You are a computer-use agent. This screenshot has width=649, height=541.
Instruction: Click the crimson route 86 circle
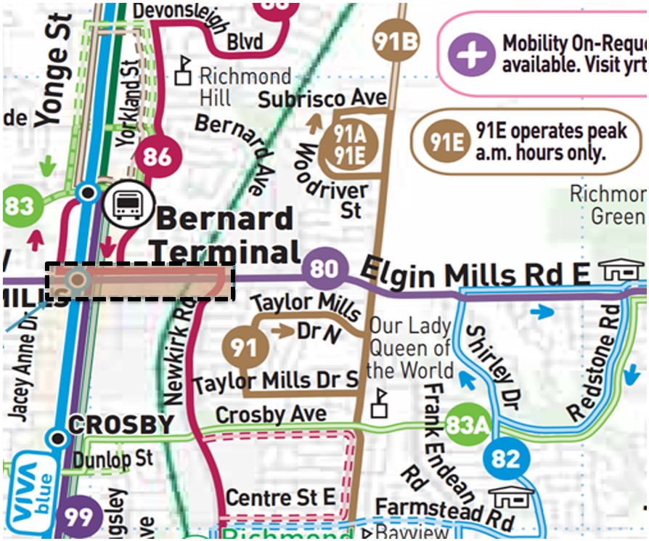tap(158, 155)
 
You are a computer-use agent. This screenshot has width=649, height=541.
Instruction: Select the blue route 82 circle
tap(506, 459)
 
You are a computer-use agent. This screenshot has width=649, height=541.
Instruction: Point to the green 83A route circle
tap(466, 423)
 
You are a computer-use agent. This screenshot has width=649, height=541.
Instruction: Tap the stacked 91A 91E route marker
tap(348, 144)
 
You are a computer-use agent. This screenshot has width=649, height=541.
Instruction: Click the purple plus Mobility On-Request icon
tap(470, 53)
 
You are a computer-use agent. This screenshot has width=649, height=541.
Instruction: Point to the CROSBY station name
tap(120, 425)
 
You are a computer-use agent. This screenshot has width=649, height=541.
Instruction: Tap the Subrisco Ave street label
tap(322, 98)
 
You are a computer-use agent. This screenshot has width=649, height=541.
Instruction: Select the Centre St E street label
tap(280, 497)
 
